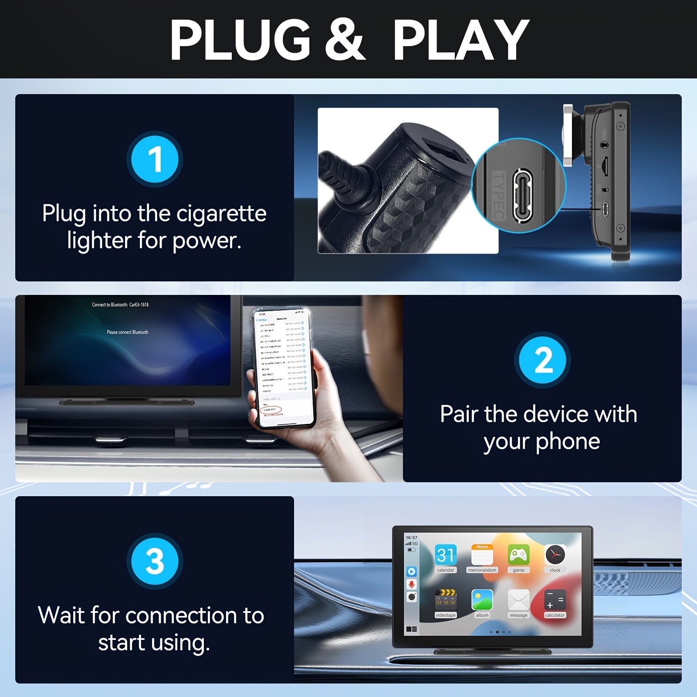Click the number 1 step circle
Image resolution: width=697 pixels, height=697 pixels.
click(155, 159)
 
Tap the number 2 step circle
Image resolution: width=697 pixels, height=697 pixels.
click(542, 360)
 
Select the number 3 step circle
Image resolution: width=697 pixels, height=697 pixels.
click(155, 561)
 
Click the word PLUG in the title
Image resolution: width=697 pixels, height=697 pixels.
click(240, 40)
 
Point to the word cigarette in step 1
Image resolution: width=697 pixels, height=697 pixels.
click(221, 213)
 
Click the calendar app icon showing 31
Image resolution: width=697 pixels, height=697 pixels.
click(446, 555)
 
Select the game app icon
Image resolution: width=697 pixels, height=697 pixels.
click(518, 555)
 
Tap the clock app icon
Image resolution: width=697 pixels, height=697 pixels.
click(555, 555)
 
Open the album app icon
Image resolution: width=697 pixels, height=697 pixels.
click(482, 600)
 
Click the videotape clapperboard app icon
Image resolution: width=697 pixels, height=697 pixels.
click(446, 600)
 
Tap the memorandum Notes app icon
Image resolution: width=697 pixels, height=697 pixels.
click(482, 555)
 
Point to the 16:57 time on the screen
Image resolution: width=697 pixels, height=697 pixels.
click(411, 538)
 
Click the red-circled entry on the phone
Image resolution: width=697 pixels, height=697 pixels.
click(271, 410)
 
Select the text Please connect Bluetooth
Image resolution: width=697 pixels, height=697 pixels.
click(128, 332)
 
